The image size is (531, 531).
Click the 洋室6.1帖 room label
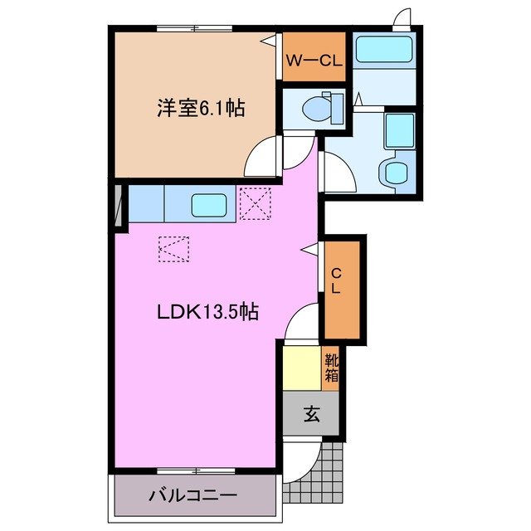(202, 108)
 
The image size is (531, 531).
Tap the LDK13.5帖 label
(208, 312)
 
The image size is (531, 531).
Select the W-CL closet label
(314, 59)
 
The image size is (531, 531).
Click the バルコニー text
(193, 496)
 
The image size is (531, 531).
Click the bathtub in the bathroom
(383, 51)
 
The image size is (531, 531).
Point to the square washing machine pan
(398, 130)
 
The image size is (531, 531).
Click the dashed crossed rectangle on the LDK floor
(173, 247)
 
